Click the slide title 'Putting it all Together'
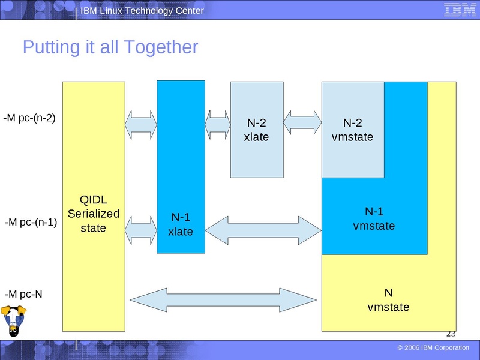click(110, 47)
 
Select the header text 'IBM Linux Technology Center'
click(142, 11)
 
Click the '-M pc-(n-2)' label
click(29, 118)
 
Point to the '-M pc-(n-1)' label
click(31, 222)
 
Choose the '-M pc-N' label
click(23, 294)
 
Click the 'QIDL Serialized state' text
click(94, 214)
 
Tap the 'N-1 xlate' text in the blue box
click(180, 224)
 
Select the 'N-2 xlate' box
click(256, 130)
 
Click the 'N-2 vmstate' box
click(352, 130)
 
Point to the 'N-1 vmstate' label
click(374, 218)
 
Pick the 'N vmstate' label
click(388, 300)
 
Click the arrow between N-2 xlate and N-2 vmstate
click(302, 123)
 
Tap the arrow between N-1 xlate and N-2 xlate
click(218, 124)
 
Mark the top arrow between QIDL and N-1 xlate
click(141, 124)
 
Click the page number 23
click(451, 334)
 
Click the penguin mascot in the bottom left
click(13, 321)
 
